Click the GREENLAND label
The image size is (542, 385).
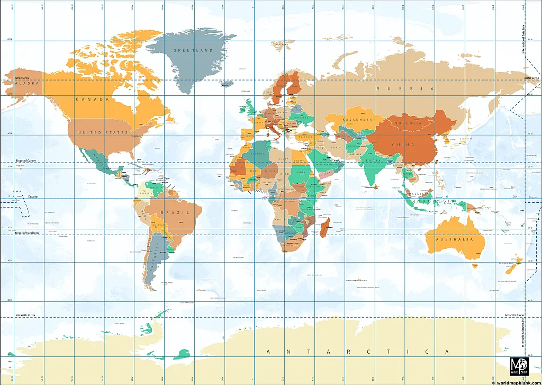[x=193, y=50]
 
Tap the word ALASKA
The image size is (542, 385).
[x=28, y=84]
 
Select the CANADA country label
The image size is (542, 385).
[x=92, y=99]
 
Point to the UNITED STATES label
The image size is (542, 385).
[x=103, y=132]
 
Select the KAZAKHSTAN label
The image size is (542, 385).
[x=359, y=120]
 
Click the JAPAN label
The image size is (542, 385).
[x=465, y=139]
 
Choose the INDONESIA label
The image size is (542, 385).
[x=435, y=202]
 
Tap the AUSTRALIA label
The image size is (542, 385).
[x=454, y=239]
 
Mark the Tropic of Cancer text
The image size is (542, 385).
[x=25, y=160]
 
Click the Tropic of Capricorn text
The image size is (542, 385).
[x=27, y=233]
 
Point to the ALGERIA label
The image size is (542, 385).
[x=257, y=154]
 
